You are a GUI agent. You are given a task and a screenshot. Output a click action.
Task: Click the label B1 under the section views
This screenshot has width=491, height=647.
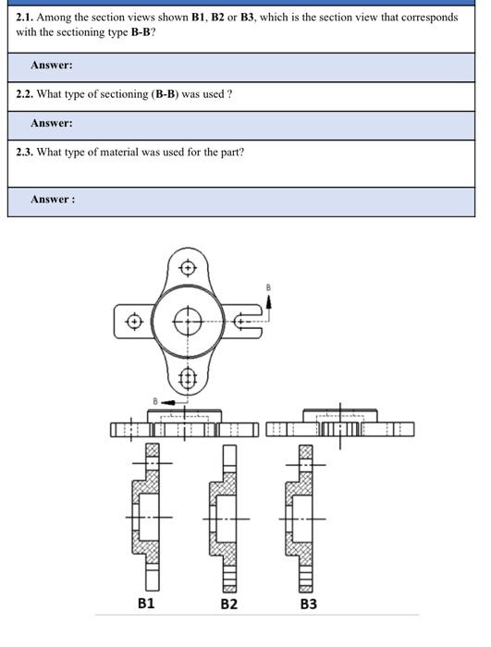pos(145,603)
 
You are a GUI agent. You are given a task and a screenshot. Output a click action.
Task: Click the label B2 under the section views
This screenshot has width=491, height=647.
pos(228,603)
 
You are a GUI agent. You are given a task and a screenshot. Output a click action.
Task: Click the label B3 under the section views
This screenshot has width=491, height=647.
pos(308,603)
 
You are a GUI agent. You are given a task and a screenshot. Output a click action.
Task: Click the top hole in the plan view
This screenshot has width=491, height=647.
pos(189,268)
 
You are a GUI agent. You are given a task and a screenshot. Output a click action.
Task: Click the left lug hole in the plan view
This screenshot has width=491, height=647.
pos(135,322)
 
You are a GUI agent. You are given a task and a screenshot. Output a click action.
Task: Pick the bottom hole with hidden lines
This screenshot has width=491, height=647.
pos(189,377)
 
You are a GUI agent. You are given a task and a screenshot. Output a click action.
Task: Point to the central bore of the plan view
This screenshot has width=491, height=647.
pos(189,322)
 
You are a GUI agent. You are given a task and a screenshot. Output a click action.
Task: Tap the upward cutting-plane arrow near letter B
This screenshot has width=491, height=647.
pos(270,304)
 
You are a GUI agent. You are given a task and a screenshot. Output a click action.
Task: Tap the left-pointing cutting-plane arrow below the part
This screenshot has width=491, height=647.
pos(168,402)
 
